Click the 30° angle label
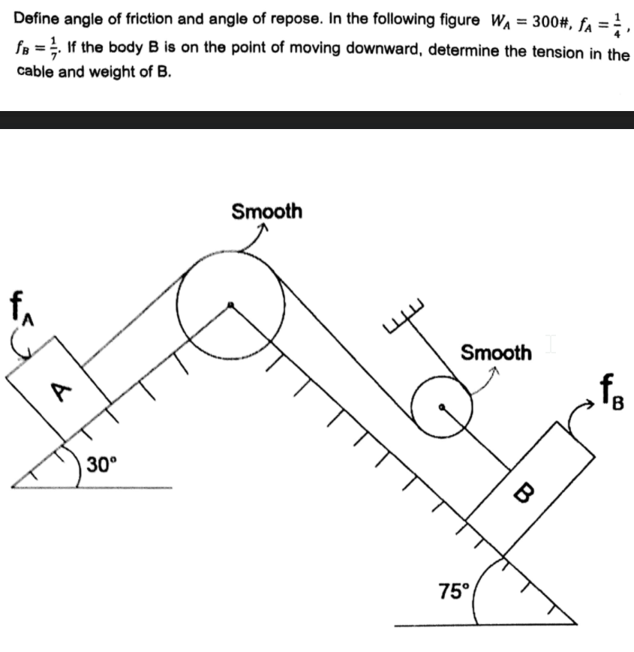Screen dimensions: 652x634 click(x=101, y=465)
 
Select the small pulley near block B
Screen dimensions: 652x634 click(x=443, y=406)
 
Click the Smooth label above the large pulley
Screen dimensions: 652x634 click(x=266, y=212)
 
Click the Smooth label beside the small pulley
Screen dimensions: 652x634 click(x=495, y=352)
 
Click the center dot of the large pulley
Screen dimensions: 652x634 click(x=231, y=304)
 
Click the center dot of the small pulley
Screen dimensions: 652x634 click(x=443, y=407)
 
